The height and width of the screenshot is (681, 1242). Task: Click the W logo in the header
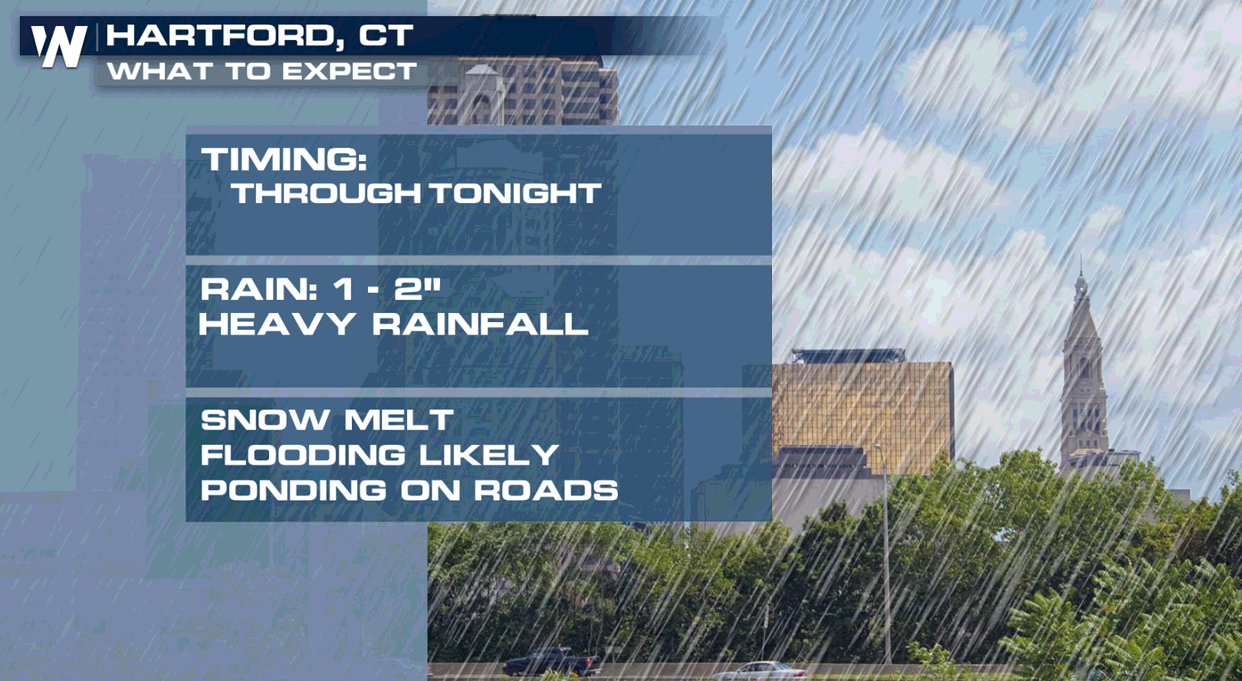59,47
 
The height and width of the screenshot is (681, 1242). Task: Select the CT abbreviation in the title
386,35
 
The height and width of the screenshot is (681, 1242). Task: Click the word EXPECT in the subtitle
350,71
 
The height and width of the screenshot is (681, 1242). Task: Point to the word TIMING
284,159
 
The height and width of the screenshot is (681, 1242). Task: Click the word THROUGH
326,193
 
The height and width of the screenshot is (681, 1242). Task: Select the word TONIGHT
516,193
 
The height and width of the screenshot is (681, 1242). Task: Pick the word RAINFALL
480,324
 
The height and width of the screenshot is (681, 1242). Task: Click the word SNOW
265,419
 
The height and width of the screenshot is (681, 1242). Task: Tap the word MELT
399,419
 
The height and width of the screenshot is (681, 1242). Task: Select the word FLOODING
303,455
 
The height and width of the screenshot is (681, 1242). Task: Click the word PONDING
294,490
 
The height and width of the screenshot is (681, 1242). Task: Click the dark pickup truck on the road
552,661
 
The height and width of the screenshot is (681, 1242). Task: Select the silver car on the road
761,671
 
